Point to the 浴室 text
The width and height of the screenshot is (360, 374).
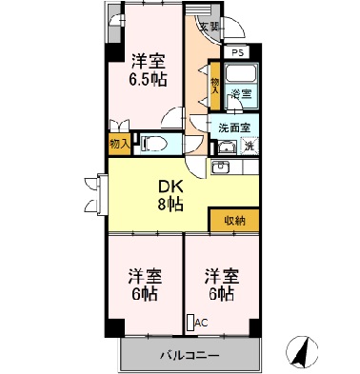pos(242,94)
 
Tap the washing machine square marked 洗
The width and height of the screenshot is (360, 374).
pos(248,146)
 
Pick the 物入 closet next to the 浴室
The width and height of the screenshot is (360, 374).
pos(216,85)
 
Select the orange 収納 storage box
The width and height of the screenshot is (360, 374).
pos(234,221)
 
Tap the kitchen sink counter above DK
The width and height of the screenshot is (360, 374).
pos(228,167)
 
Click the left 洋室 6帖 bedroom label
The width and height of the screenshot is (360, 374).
pos(146,285)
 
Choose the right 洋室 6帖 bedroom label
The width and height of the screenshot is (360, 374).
pos(220,285)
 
